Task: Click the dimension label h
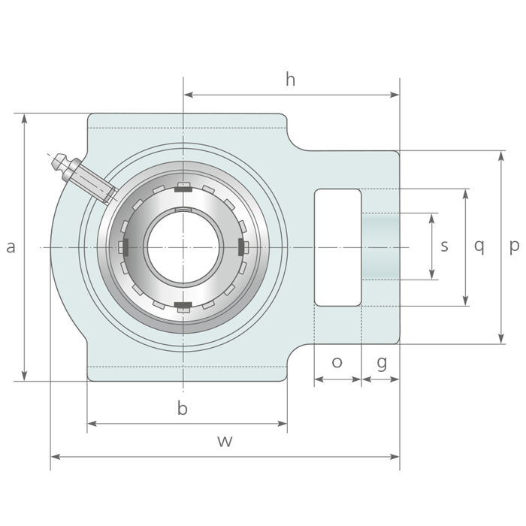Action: click(x=290, y=80)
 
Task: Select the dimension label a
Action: click(x=11, y=246)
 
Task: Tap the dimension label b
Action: click(x=182, y=409)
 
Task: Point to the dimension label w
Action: click(x=225, y=441)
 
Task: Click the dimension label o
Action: click(x=337, y=362)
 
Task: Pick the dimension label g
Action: click(x=382, y=363)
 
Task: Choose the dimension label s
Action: click(x=445, y=246)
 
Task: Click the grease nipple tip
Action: click(x=56, y=159)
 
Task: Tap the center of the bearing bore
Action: click(x=183, y=246)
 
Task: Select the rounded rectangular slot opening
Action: click(x=337, y=247)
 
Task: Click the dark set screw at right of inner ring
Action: click(x=243, y=246)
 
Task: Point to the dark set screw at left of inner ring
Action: click(x=123, y=246)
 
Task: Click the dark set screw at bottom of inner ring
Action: click(x=183, y=305)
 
